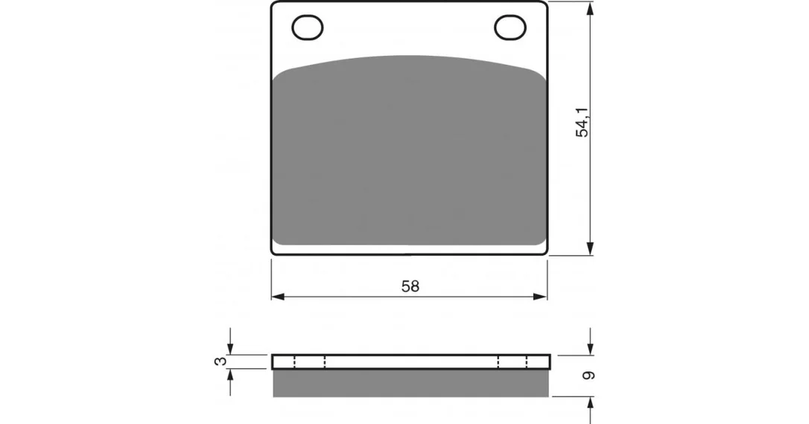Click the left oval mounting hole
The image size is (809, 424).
(308, 28)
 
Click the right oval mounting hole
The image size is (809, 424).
(510, 28)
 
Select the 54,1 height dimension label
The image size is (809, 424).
(582, 123)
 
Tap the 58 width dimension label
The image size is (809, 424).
(410, 286)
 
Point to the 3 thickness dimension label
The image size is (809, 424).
(221, 362)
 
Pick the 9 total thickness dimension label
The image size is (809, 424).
(588, 376)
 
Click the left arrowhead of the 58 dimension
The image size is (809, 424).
(278, 297)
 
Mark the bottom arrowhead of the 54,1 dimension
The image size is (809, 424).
(590, 248)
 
